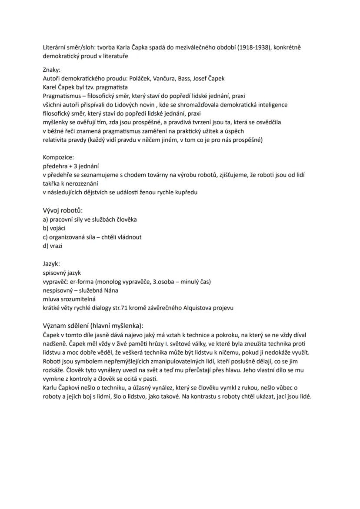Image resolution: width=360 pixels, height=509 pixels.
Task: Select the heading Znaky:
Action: [52, 70]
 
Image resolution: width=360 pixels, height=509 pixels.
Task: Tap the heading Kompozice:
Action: [58, 157]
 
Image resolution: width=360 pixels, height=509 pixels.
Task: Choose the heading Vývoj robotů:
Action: [63, 210]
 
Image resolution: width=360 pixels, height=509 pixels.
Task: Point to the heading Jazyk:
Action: [51, 264]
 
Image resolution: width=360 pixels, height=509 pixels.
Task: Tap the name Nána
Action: [111, 290]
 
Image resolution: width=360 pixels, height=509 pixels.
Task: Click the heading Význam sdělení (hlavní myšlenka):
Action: [93, 326]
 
